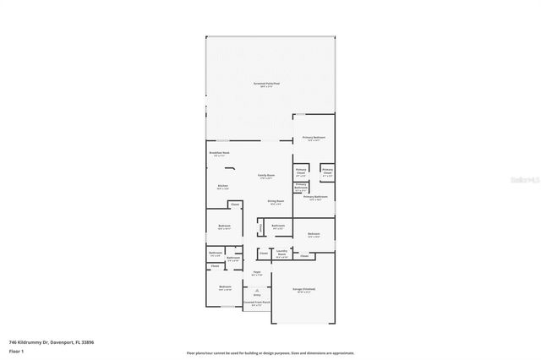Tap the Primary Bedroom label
pos(314,139)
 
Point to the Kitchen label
pos(222,186)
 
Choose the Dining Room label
pos(276,202)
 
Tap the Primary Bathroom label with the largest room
pos(315,198)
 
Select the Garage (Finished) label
pos(303,289)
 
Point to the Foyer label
pos(257,274)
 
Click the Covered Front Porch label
pos(256,303)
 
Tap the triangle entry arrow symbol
pos(257,289)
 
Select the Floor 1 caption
pos(16,351)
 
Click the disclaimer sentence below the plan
pos(270,352)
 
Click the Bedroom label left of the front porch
pos(225,287)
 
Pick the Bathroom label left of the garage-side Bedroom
pos(277,226)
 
